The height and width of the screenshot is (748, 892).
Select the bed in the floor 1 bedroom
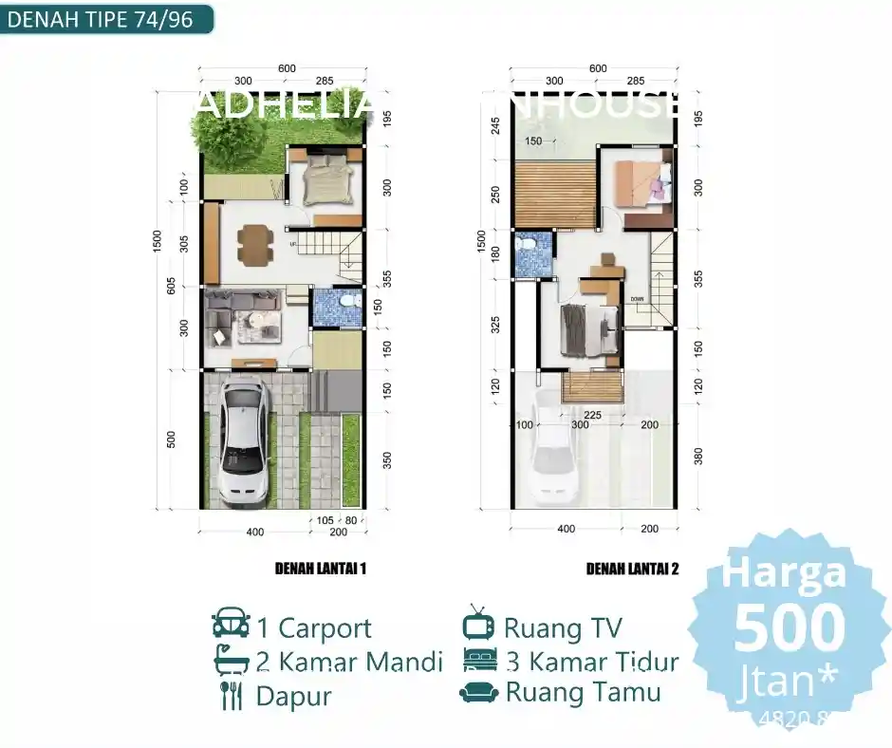point(325,180)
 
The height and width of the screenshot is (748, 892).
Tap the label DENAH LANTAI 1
point(320,569)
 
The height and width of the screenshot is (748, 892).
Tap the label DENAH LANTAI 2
point(632,569)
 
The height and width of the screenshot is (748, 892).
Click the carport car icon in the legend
point(231,626)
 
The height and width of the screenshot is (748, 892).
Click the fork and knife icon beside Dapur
point(231,695)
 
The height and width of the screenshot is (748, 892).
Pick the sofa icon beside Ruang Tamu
point(478,692)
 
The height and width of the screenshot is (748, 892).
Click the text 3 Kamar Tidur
point(591,661)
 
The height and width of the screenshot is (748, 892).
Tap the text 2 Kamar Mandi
point(349,661)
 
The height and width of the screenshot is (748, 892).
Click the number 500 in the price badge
point(790,627)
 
